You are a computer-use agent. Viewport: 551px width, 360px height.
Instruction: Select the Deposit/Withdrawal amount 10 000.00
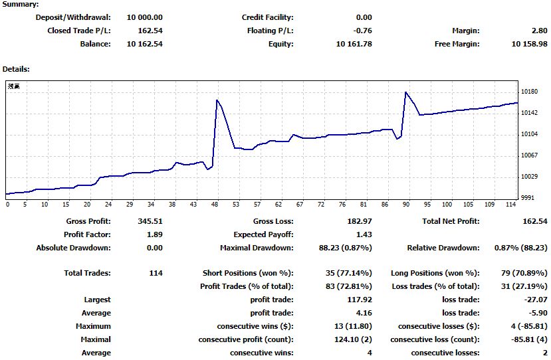[x=144, y=17]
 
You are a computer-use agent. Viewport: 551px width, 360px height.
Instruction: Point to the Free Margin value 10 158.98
[x=530, y=44]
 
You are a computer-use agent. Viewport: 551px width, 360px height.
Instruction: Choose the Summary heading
[x=21, y=4]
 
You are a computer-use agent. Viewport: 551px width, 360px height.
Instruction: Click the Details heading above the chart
[x=16, y=69]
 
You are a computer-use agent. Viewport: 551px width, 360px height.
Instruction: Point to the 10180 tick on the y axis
[x=530, y=92]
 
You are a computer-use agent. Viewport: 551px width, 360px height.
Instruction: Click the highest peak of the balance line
[x=405, y=92]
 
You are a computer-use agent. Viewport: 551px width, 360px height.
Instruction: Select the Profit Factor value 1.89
[x=154, y=234]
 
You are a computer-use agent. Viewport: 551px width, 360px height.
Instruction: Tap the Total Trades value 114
[x=156, y=273]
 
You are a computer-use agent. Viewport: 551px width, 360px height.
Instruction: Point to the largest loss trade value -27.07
[x=534, y=300]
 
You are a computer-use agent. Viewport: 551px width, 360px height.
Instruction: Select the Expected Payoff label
[x=263, y=234]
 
